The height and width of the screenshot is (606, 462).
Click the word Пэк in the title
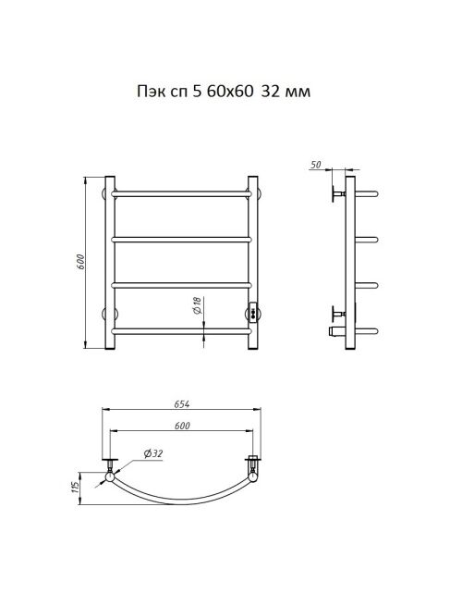149,92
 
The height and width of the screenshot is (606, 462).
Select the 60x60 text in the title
230,92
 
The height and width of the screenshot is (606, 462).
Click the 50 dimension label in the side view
315,165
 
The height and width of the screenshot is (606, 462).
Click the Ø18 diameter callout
197,305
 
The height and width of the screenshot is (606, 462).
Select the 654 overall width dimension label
182,404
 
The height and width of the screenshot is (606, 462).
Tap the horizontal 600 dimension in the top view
182,426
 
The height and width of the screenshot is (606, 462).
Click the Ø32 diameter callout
153,453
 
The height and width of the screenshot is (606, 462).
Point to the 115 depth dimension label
75,489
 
